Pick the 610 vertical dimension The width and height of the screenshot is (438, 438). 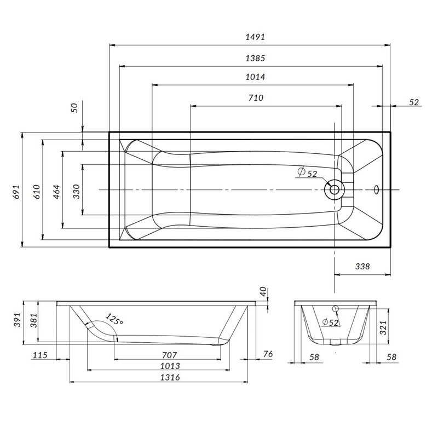pyautogui.click(x=37, y=191)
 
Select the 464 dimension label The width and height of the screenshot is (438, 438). pyautogui.click(x=56, y=191)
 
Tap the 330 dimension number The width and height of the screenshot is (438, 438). pyautogui.click(x=77, y=191)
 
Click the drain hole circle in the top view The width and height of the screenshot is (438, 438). pyautogui.click(x=333, y=189)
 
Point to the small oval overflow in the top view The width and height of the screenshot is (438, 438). pyautogui.click(x=376, y=189)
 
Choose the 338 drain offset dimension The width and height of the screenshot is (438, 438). pyautogui.click(x=362, y=267)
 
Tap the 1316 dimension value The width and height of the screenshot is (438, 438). pyautogui.click(x=171, y=377)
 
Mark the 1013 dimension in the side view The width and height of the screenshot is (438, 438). pyautogui.click(x=171, y=366)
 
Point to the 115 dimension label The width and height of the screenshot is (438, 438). pyautogui.click(x=41, y=355)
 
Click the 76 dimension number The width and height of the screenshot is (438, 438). pyautogui.click(x=268, y=354)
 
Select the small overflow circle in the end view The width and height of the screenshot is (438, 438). pyautogui.click(x=336, y=308)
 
